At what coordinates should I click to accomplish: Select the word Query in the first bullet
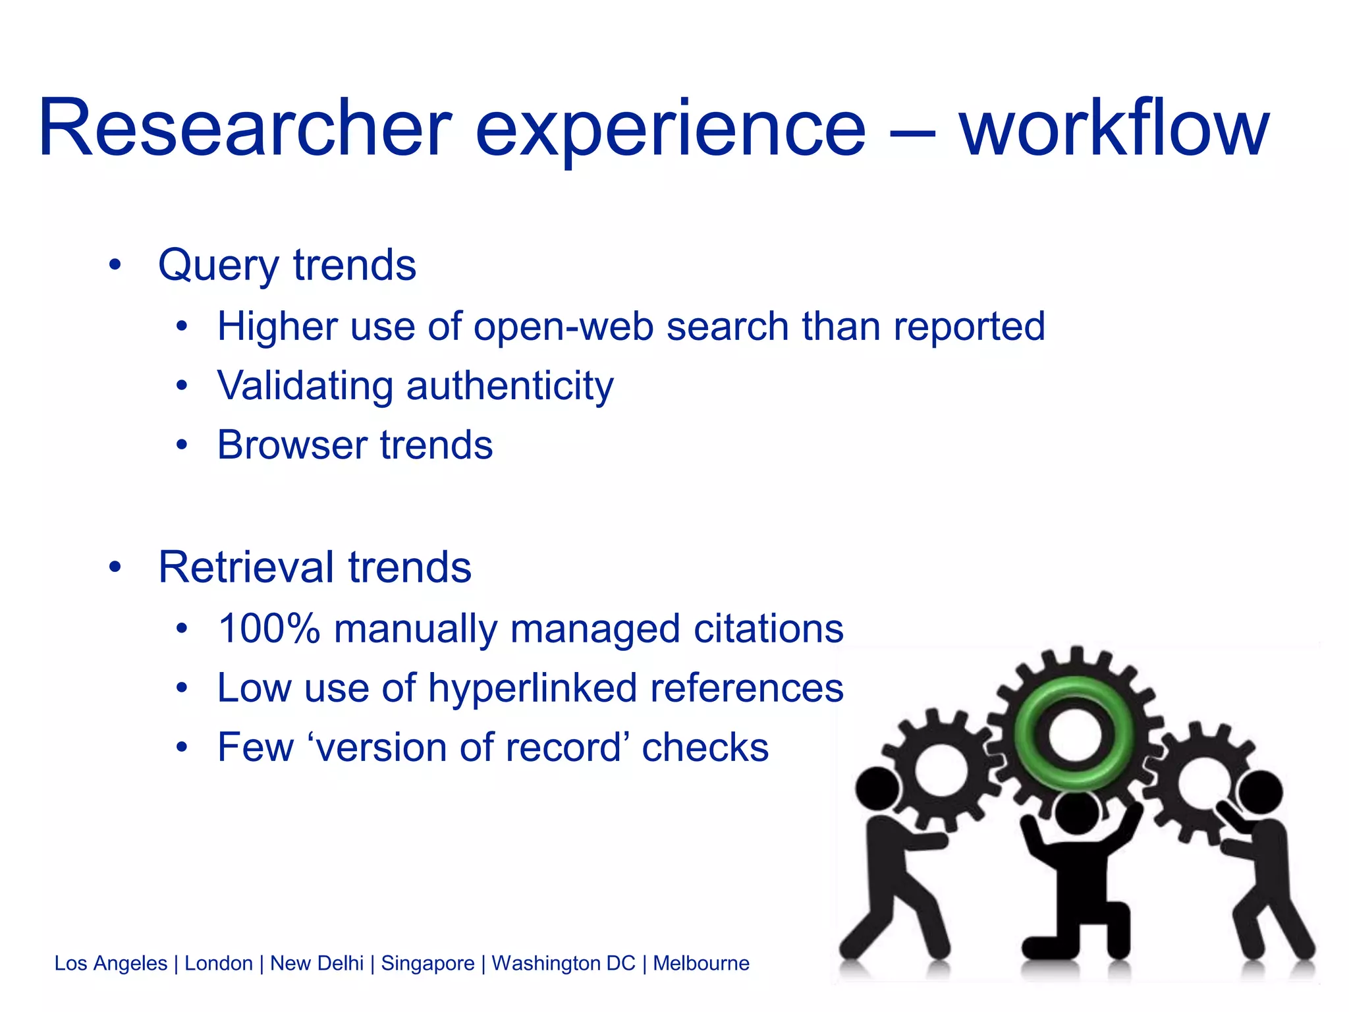[x=219, y=266]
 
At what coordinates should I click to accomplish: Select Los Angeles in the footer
[x=111, y=963]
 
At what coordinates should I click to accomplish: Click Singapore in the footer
[x=427, y=963]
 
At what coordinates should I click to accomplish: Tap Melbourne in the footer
[x=701, y=963]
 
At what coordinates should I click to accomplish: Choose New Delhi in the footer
[x=317, y=963]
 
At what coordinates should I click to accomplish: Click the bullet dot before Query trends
[x=115, y=266]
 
